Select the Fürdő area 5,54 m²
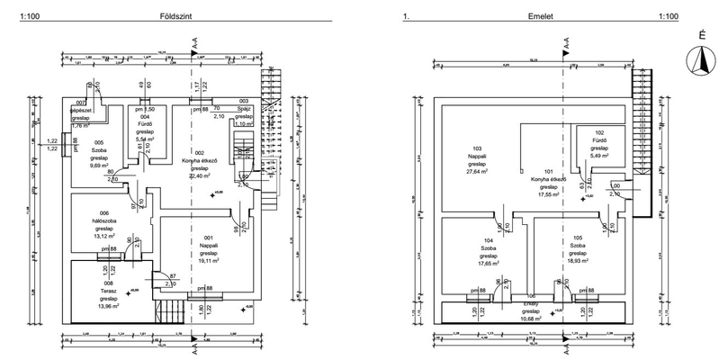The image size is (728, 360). point(145,140)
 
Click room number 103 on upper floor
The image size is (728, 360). point(478,148)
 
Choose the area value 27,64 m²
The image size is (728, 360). point(478,173)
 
